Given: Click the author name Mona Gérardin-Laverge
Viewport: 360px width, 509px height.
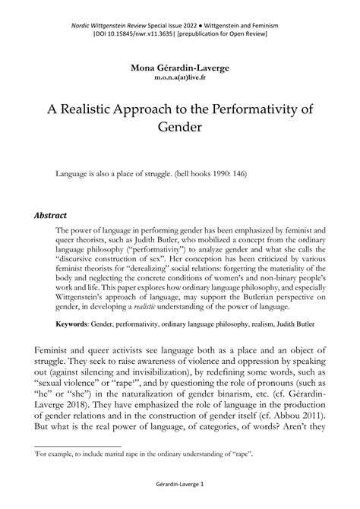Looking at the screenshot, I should [180, 68].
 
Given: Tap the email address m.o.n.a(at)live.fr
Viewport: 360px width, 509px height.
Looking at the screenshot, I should [180, 77].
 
